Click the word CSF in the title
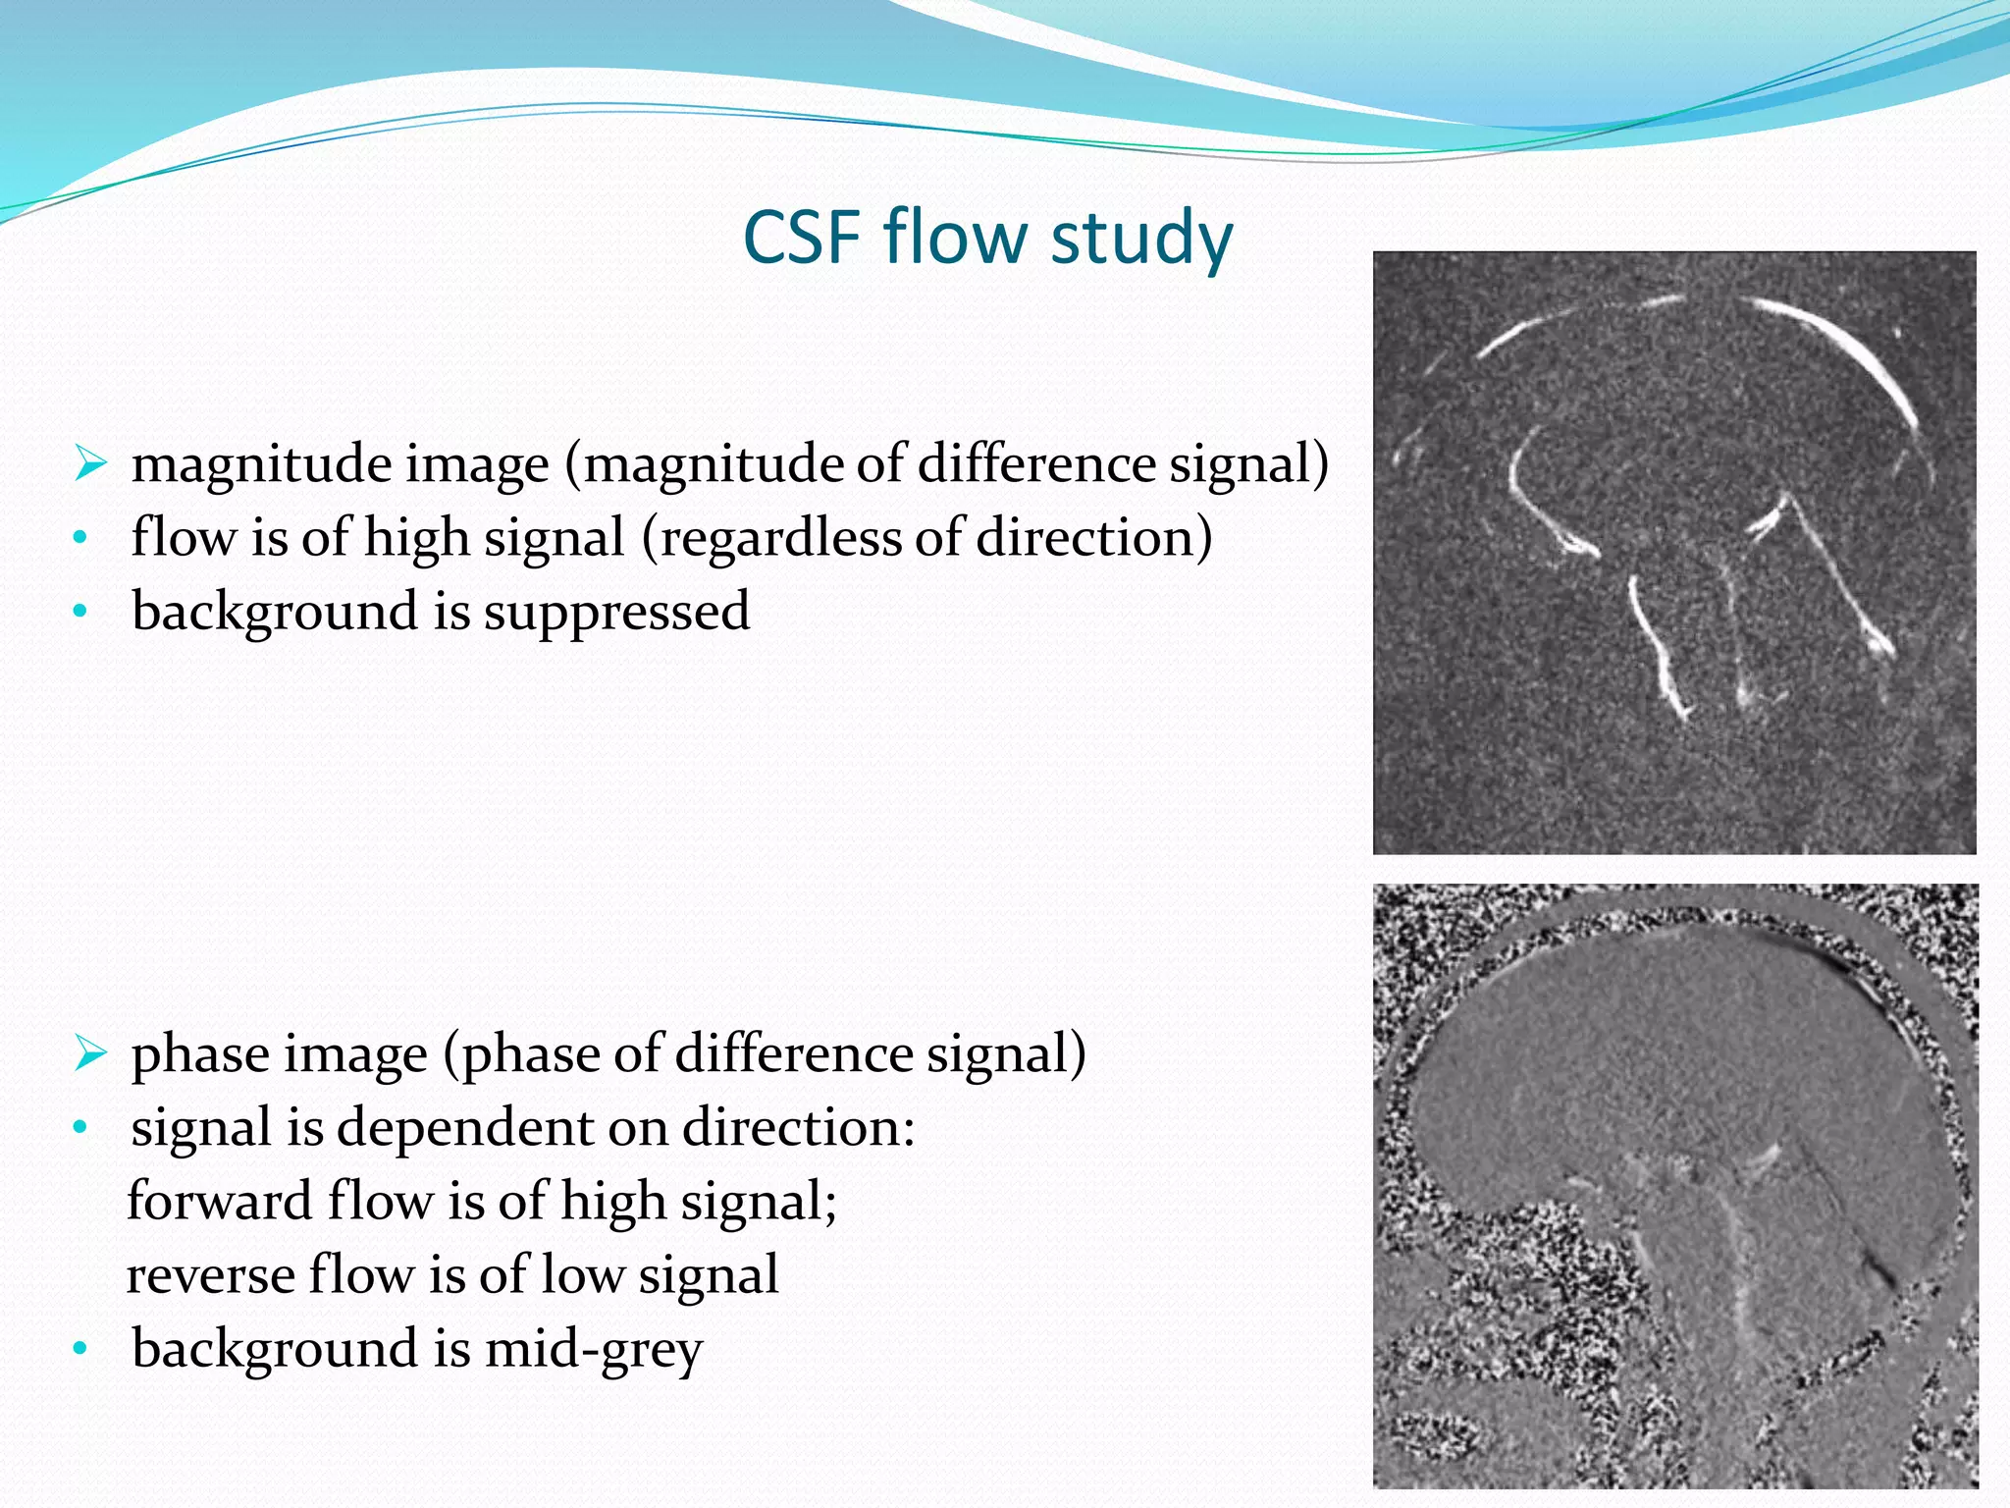(x=804, y=238)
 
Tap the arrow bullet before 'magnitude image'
(x=89, y=462)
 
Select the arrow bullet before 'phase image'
(x=89, y=1053)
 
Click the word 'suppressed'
(x=616, y=612)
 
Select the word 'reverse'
(x=210, y=1275)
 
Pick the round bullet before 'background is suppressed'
(x=80, y=613)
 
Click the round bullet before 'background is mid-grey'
(x=80, y=1350)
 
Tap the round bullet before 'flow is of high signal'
(x=80, y=539)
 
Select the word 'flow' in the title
(x=957, y=238)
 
